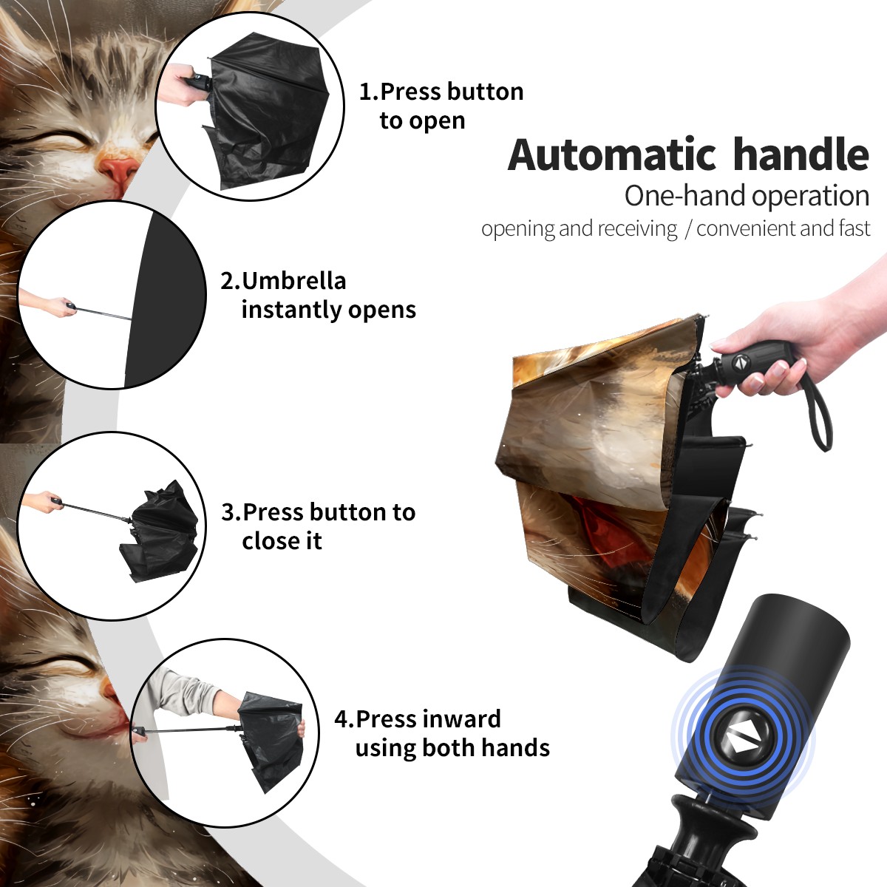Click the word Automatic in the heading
pyautogui.click(x=612, y=155)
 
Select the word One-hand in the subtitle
pyautogui.click(x=686, y=196)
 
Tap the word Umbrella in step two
pyautogui.click(x=293, y=281)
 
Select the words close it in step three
pyautogui.click(x=282, y=540)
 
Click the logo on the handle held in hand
pyautogui.click(x=741, y=363)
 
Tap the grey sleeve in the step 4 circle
pyautogui.click(x=184, y=693)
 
